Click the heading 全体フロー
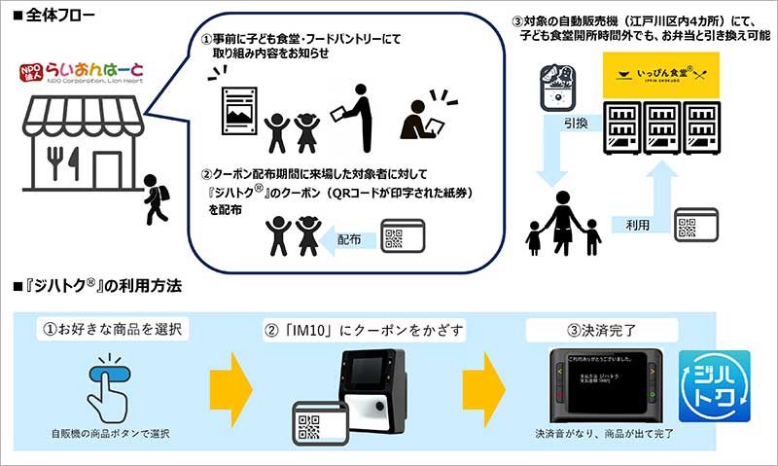(46, 14)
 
